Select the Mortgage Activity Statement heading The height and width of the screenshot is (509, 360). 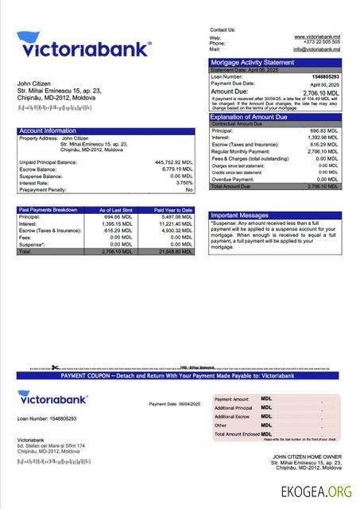click(x=251, y=62)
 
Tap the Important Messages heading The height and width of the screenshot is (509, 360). click(x=240, y=216)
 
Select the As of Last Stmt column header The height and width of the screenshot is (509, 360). click(x=115, y=210)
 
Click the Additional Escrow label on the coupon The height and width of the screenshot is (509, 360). click(x=232, y=416)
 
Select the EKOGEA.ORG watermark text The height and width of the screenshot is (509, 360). click(x=315, y=492)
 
